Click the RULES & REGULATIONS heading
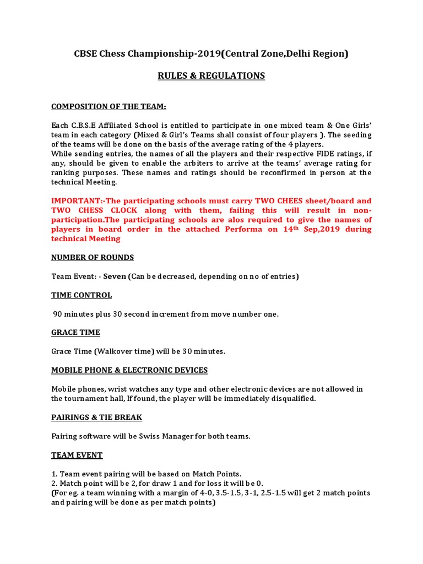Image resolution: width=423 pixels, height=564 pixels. [x=211, y=76]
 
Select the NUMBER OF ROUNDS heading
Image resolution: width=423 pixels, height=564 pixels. [x=93, y=257]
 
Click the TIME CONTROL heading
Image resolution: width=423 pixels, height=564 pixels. [x=82, y=295]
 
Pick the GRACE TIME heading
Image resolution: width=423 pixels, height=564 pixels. [x=75, y=333]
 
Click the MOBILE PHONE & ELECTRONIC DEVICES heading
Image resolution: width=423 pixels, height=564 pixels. [x=129, y=370]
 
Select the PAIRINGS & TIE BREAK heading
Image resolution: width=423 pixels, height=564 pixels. [x=96, y=417]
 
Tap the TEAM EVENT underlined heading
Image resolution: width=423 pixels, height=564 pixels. [x=77, y=455]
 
